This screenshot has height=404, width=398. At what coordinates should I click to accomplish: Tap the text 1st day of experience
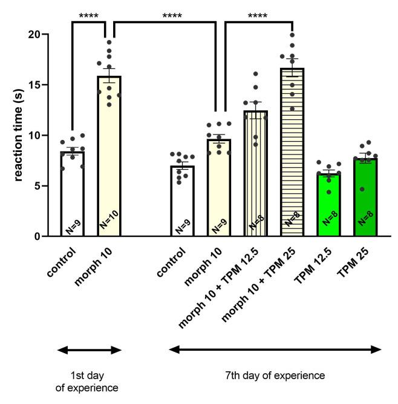88,381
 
